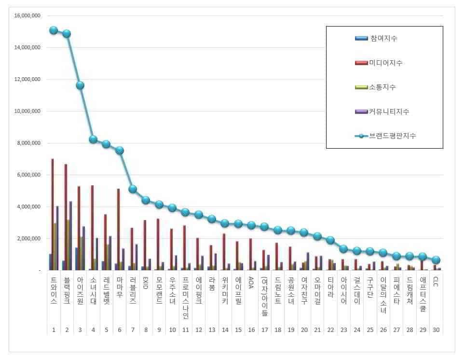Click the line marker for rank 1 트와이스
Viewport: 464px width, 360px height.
[x=54, y=30]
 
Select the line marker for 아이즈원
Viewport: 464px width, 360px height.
[x=80, y=85]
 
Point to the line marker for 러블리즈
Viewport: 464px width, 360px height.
[x=133, y=189]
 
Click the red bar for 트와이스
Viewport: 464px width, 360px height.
[x=53, y=215]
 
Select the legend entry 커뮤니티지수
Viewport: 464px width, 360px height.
[x=389, y=111]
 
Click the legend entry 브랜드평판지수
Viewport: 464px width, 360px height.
[x=392, y=136]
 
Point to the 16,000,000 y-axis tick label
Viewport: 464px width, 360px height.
[x=27, y=16]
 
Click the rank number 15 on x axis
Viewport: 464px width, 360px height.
[x=238, y=331]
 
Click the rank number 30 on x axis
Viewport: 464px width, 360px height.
[x=436, y=331]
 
